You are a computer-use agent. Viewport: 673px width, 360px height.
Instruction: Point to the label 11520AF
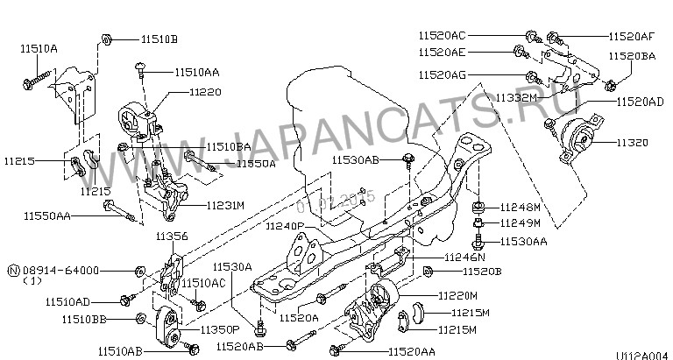631,36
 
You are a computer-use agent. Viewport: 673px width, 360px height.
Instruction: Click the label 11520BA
633,55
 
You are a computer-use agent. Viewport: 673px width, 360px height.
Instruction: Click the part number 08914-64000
66,271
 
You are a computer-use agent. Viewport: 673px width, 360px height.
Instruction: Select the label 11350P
219,329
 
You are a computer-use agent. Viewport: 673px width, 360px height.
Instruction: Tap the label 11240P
285,227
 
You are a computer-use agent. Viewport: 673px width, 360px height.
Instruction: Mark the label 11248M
523,208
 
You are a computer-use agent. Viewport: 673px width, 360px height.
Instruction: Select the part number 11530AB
356,160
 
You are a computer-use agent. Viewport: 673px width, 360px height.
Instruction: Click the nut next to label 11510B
104,39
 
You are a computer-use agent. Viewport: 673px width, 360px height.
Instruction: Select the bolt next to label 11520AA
337,351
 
